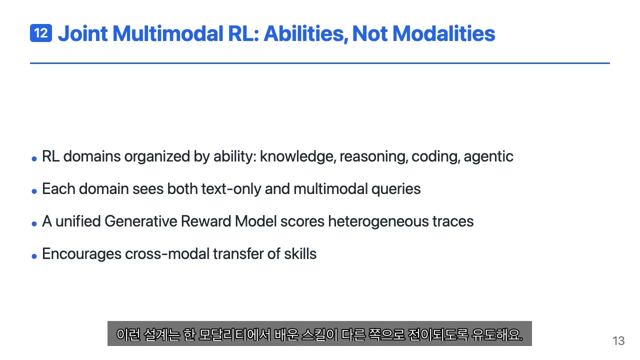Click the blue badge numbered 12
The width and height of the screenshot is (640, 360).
click(41, 33)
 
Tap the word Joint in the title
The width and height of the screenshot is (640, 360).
click(83, 33)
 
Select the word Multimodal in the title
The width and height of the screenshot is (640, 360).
click(168, 33)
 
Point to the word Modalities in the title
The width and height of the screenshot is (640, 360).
click(443, 33)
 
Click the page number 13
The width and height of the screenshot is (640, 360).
click(618, 341)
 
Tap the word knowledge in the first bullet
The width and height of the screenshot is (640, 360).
click(298, 157)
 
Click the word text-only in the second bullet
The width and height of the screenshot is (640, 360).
click(231, 189)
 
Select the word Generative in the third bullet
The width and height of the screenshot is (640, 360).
click(141, 221)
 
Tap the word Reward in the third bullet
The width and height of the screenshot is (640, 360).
click(206, 221)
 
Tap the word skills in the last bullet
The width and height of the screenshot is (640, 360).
click(300, 253)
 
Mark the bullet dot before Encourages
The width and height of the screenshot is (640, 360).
click(34, 256)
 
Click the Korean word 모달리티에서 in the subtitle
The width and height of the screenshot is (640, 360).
click(234, 334)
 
